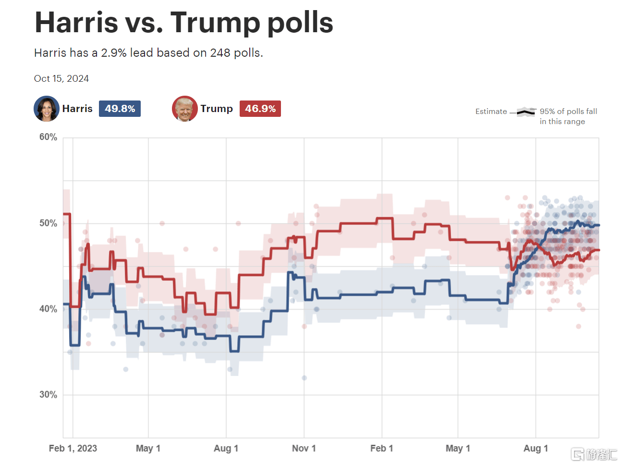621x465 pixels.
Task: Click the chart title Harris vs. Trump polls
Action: point(184,22)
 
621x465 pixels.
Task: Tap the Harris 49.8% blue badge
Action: point(120,109)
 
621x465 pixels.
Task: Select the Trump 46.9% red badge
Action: point(260,109)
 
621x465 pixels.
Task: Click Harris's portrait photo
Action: point(47,109)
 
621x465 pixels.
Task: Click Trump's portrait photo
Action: point(185,109)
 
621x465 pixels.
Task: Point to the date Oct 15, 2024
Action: point(61,78)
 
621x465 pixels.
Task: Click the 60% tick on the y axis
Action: point(48,138)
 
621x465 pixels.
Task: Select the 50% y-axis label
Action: point(48,223)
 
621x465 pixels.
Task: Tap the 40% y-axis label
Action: point(48,309)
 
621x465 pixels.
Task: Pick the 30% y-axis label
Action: point(48,395)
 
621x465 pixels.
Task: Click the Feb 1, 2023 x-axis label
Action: point(73,448)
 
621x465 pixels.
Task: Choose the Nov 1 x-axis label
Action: point(304,448)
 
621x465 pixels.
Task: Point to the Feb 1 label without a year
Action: point(382,448)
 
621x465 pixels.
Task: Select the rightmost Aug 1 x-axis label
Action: point(536,448)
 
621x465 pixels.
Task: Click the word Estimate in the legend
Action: point(491,112)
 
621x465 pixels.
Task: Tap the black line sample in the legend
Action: point(526,112)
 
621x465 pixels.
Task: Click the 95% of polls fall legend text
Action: point(568,112)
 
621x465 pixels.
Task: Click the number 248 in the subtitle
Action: point(220,53)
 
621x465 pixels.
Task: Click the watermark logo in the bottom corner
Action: point(594,454)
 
